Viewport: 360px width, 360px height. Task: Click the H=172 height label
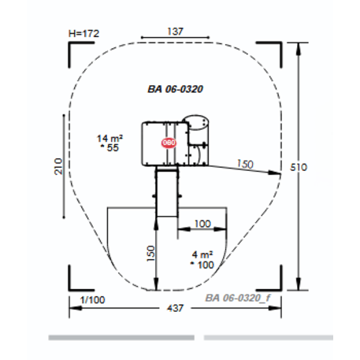(x=84, y=34)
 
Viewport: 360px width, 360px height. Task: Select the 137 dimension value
(x=175, y=32)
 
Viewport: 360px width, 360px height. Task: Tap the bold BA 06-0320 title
(x=176, y=89)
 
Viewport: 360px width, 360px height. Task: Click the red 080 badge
(x=169, y=143)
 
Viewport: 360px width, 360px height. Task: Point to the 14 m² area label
(x=109, y=138)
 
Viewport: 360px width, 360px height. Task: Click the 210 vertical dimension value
(x=58, y=166)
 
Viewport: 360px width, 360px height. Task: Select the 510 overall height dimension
(x=299, y=167)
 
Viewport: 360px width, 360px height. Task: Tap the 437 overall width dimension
(x=176, y=308)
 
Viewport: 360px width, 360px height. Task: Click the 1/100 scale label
(x=92, y=300)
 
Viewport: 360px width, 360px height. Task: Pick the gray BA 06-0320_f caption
(x=238, y=298)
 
